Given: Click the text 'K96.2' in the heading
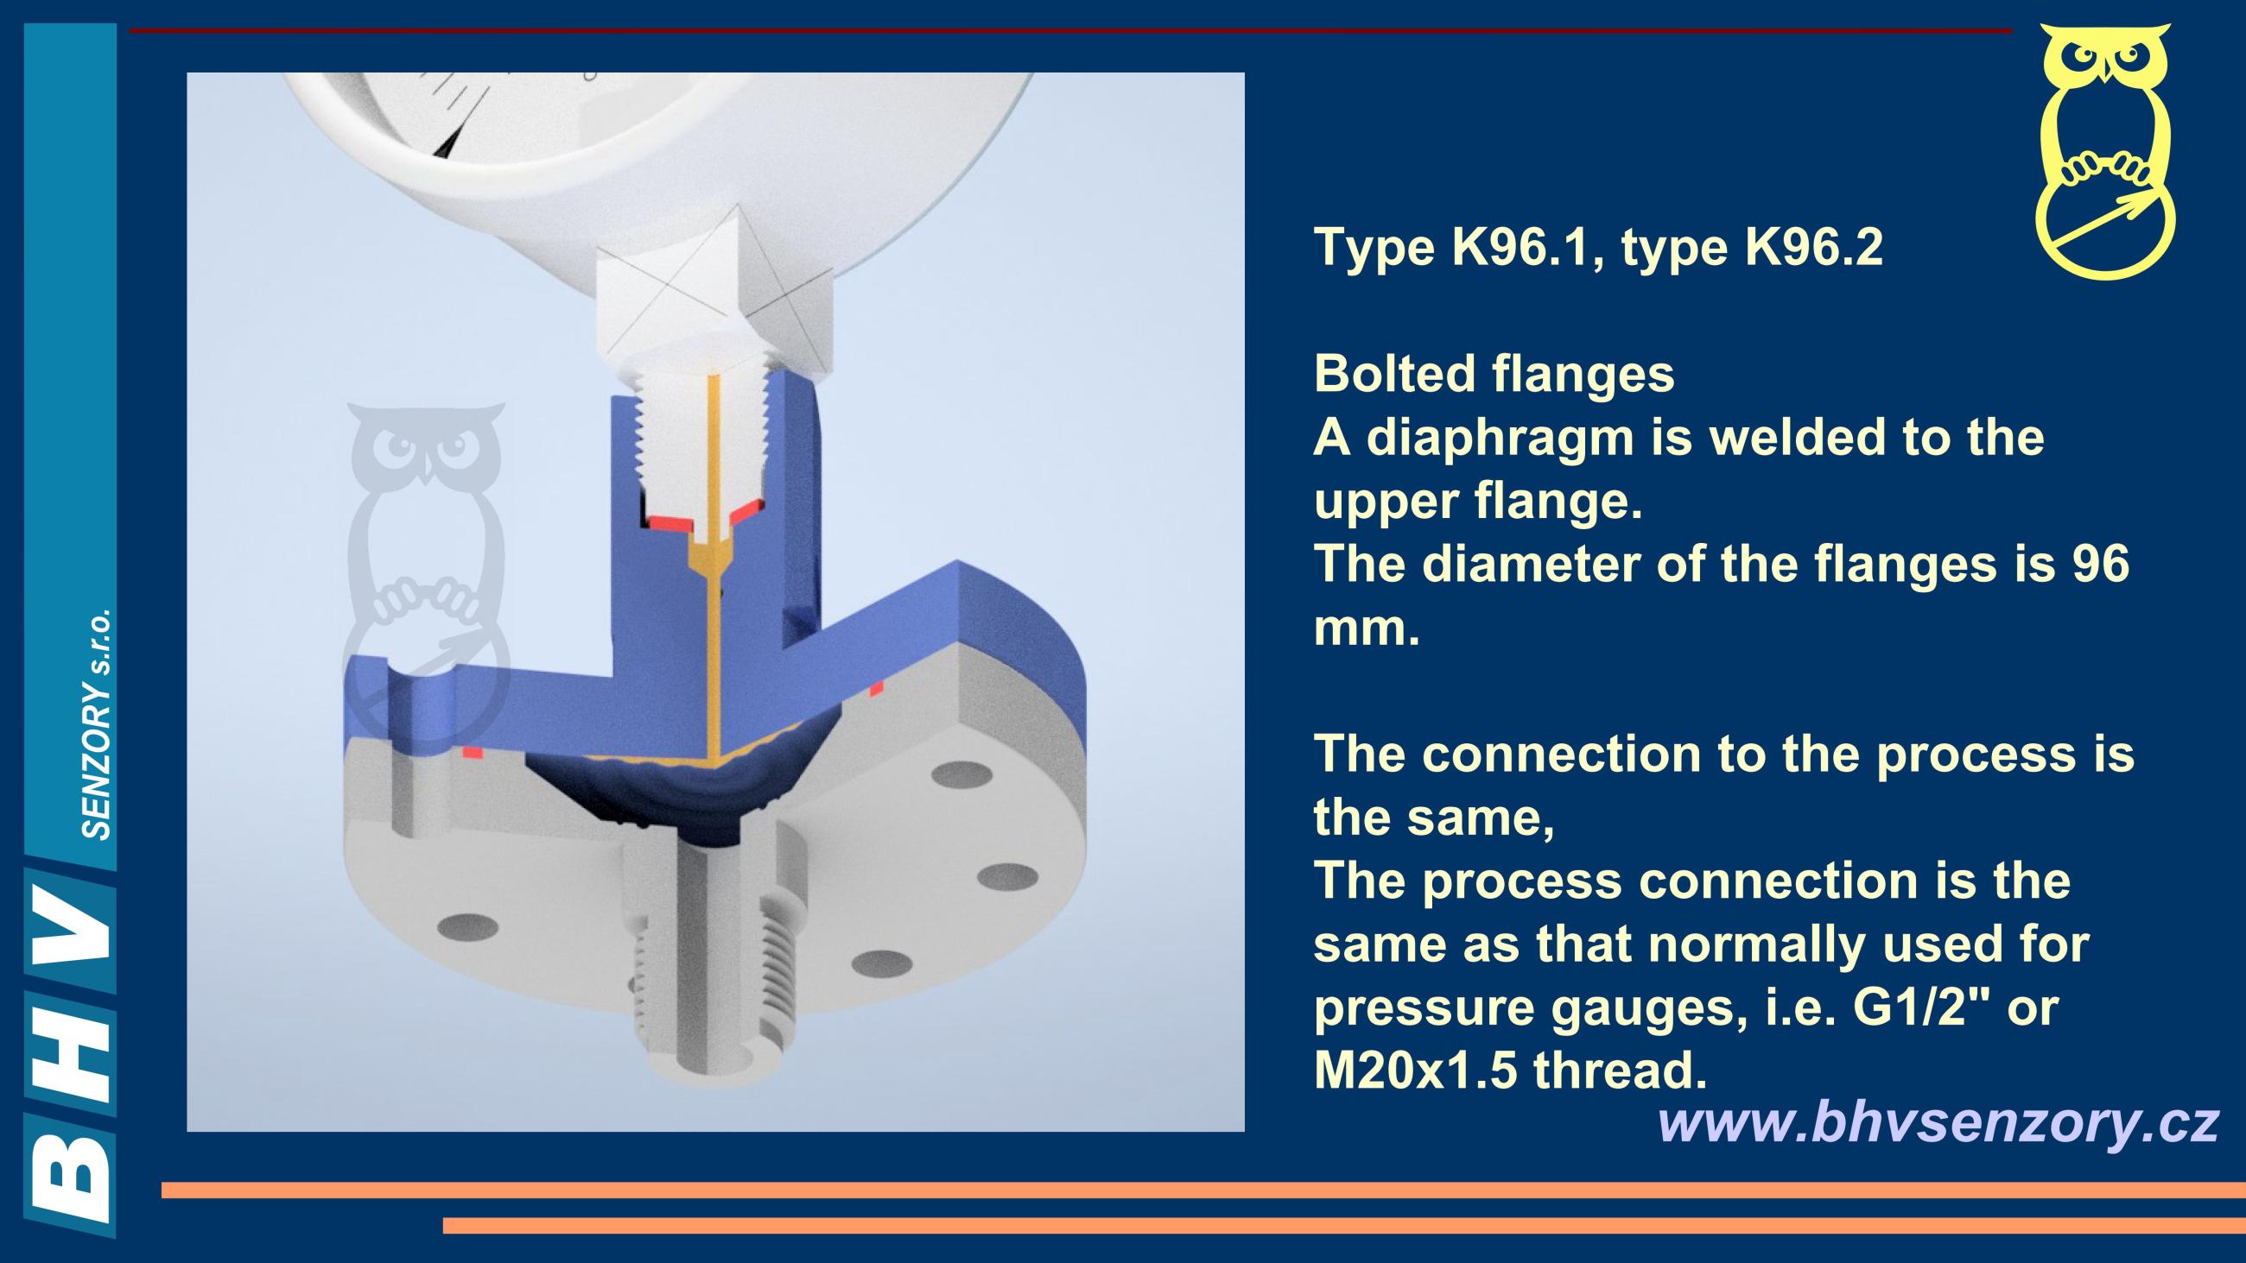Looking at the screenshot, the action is [x=1814, y=248].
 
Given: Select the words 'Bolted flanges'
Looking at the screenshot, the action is [x=1494, y=374].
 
